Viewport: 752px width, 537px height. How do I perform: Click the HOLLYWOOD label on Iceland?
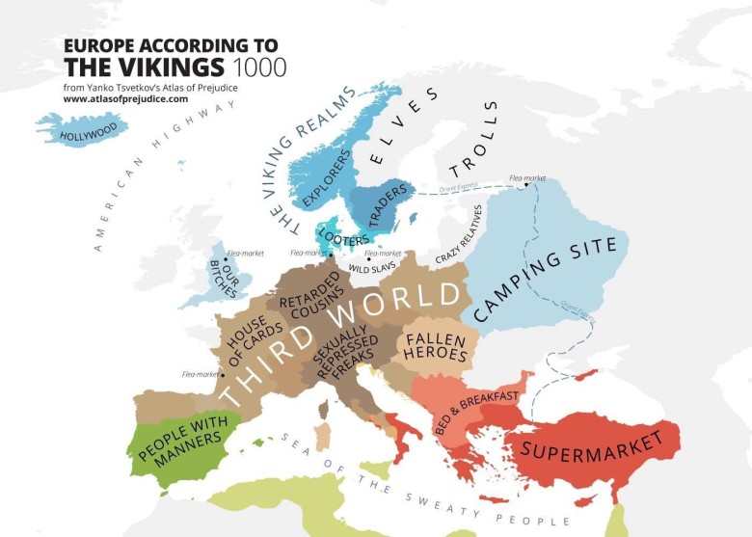pyautogui.click(x=88, y=131)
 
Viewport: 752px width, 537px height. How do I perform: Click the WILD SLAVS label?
pyautogui.click(x=370, y=267)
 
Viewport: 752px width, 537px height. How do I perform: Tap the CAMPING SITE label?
pyautogui.click(x=545, y=281)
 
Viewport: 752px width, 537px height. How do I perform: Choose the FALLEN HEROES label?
pyautogui.click(x=436, y=347)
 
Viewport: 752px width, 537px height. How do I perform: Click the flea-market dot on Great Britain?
pyautogui.click(x=225, y=259)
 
